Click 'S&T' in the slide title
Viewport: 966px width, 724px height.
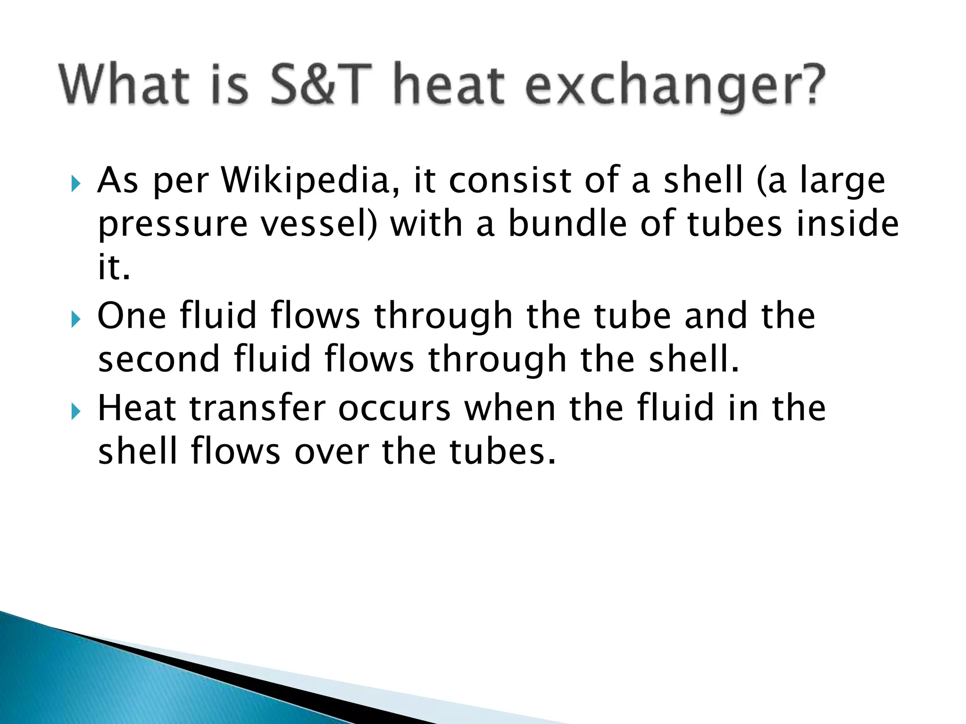pyautogui.click(x=321, y=85)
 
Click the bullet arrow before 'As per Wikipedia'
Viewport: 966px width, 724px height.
pyautogui.click(x=76, y=183)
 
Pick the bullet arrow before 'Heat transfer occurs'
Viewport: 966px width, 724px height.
pyautogui.click(x=76, y=411)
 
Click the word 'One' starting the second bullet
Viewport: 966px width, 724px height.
pyautogui.click(x=132, y=315)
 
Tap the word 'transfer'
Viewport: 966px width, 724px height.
pyautogui.click(x=258, y=408)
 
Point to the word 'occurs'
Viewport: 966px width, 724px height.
pyautogui.click(x=394, y=408)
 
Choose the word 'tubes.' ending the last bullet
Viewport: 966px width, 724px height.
pyautogui.click(x=502, y=452)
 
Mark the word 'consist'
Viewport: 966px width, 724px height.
pyautogui.click(x=510, y=181)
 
